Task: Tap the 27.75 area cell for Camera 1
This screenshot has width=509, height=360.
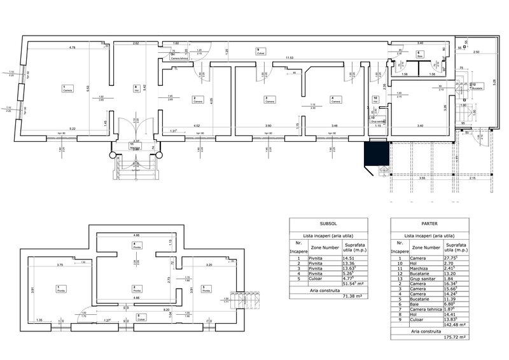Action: tap(453, 258)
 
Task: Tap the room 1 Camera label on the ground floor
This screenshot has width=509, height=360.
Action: tap(66, 88)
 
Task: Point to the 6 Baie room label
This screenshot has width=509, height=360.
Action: tap(420, 54)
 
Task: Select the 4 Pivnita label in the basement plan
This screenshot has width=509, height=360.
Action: tap(136, 246)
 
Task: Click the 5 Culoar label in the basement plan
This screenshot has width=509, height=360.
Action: tap(139, 317)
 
